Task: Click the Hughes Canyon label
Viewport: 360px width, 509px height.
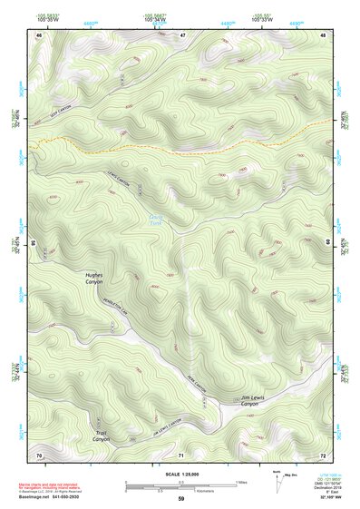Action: click(x=94, y=278)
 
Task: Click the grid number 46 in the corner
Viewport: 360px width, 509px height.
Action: click(x=39, y=35)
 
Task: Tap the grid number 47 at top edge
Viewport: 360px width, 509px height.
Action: click(x=181, y=35)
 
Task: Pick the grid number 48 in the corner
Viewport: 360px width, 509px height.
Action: click(x=323, y=35)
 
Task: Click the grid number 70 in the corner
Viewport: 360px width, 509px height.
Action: click(x=39, y=454)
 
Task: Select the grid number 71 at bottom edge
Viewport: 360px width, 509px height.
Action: click(x=181, y=454)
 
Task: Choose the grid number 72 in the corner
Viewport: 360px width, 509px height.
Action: click(x=323, y=454)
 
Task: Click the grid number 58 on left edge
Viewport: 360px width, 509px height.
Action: click(x=34, y=243)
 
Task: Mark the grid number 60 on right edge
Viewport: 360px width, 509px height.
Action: click(x=328, y=243)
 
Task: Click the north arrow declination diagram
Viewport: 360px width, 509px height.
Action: click(x=277, y=481)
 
